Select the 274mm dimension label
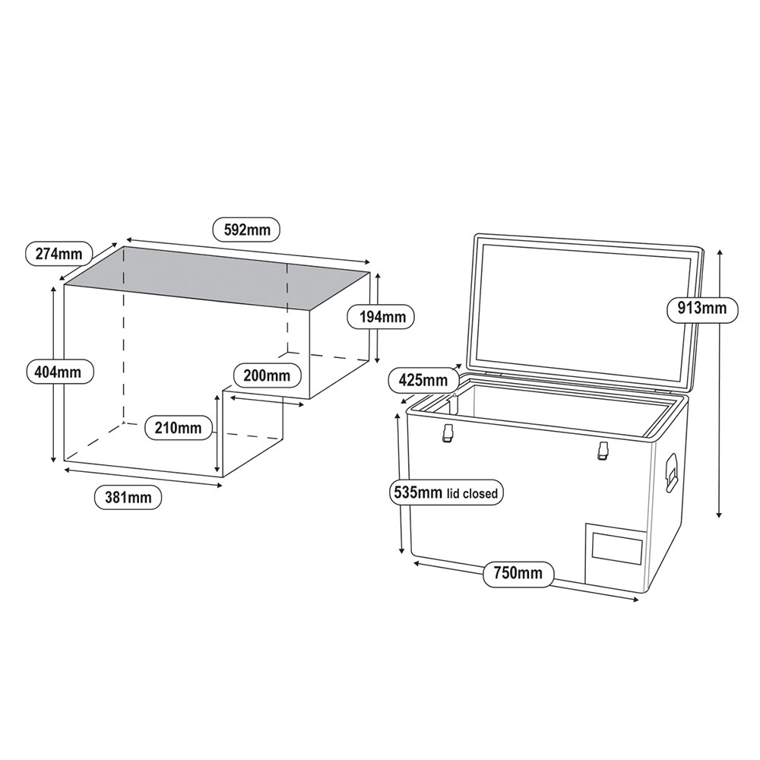59,254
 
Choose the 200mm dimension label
267,375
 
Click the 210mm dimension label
177,428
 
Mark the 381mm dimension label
128,498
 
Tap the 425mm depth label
423,378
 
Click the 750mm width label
519,572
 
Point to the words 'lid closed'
472,494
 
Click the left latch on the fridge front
448,433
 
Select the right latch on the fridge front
603,450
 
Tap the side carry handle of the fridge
671,471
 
